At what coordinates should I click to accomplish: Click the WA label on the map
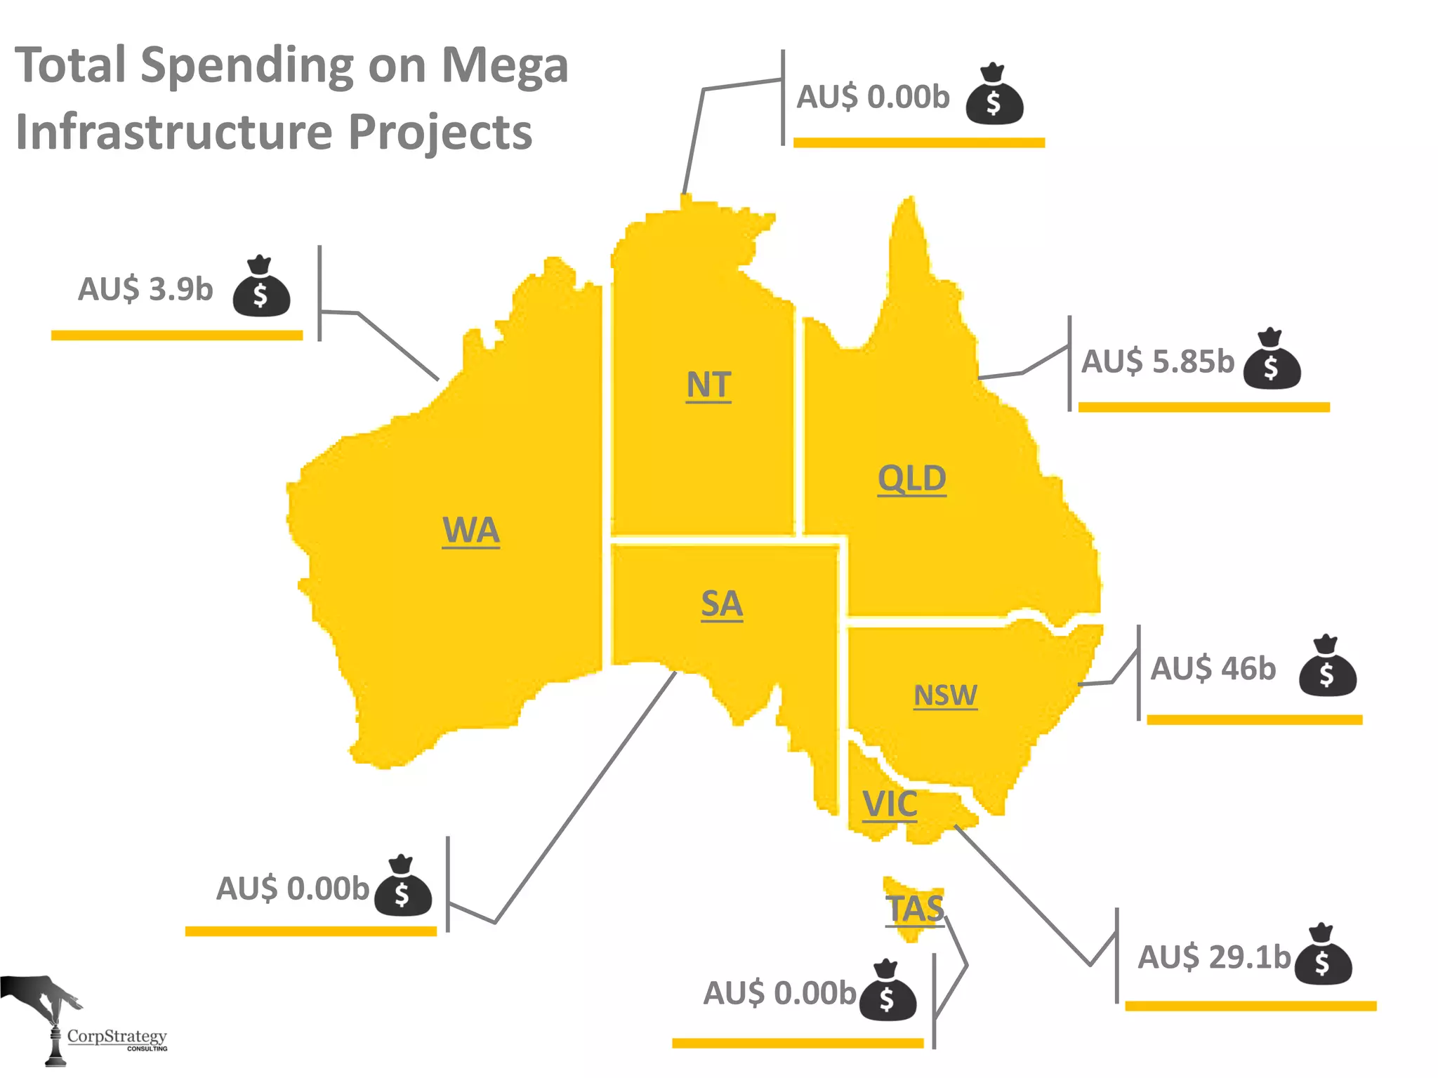coord(470,530)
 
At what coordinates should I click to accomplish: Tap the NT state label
coord(708,385)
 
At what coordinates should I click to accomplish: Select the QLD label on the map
coord(911,479)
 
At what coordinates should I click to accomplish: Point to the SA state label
coord(721,604)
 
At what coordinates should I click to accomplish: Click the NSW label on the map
coord(945,695)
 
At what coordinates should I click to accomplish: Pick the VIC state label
coord(890,804)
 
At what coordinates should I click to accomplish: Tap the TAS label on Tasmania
coord(914,909)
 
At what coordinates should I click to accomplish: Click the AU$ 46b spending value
coord(1213,668)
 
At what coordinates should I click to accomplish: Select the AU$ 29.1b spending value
coord(1214,957)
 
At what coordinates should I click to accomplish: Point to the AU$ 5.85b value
coord(1157,361)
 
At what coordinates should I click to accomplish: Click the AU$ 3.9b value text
coord(145,289)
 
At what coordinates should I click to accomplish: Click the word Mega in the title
coord(504,66)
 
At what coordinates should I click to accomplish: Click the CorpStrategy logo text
coord(117,1037)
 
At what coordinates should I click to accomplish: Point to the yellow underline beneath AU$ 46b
coord(1254,719)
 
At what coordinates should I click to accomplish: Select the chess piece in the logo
coord(55,1044)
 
